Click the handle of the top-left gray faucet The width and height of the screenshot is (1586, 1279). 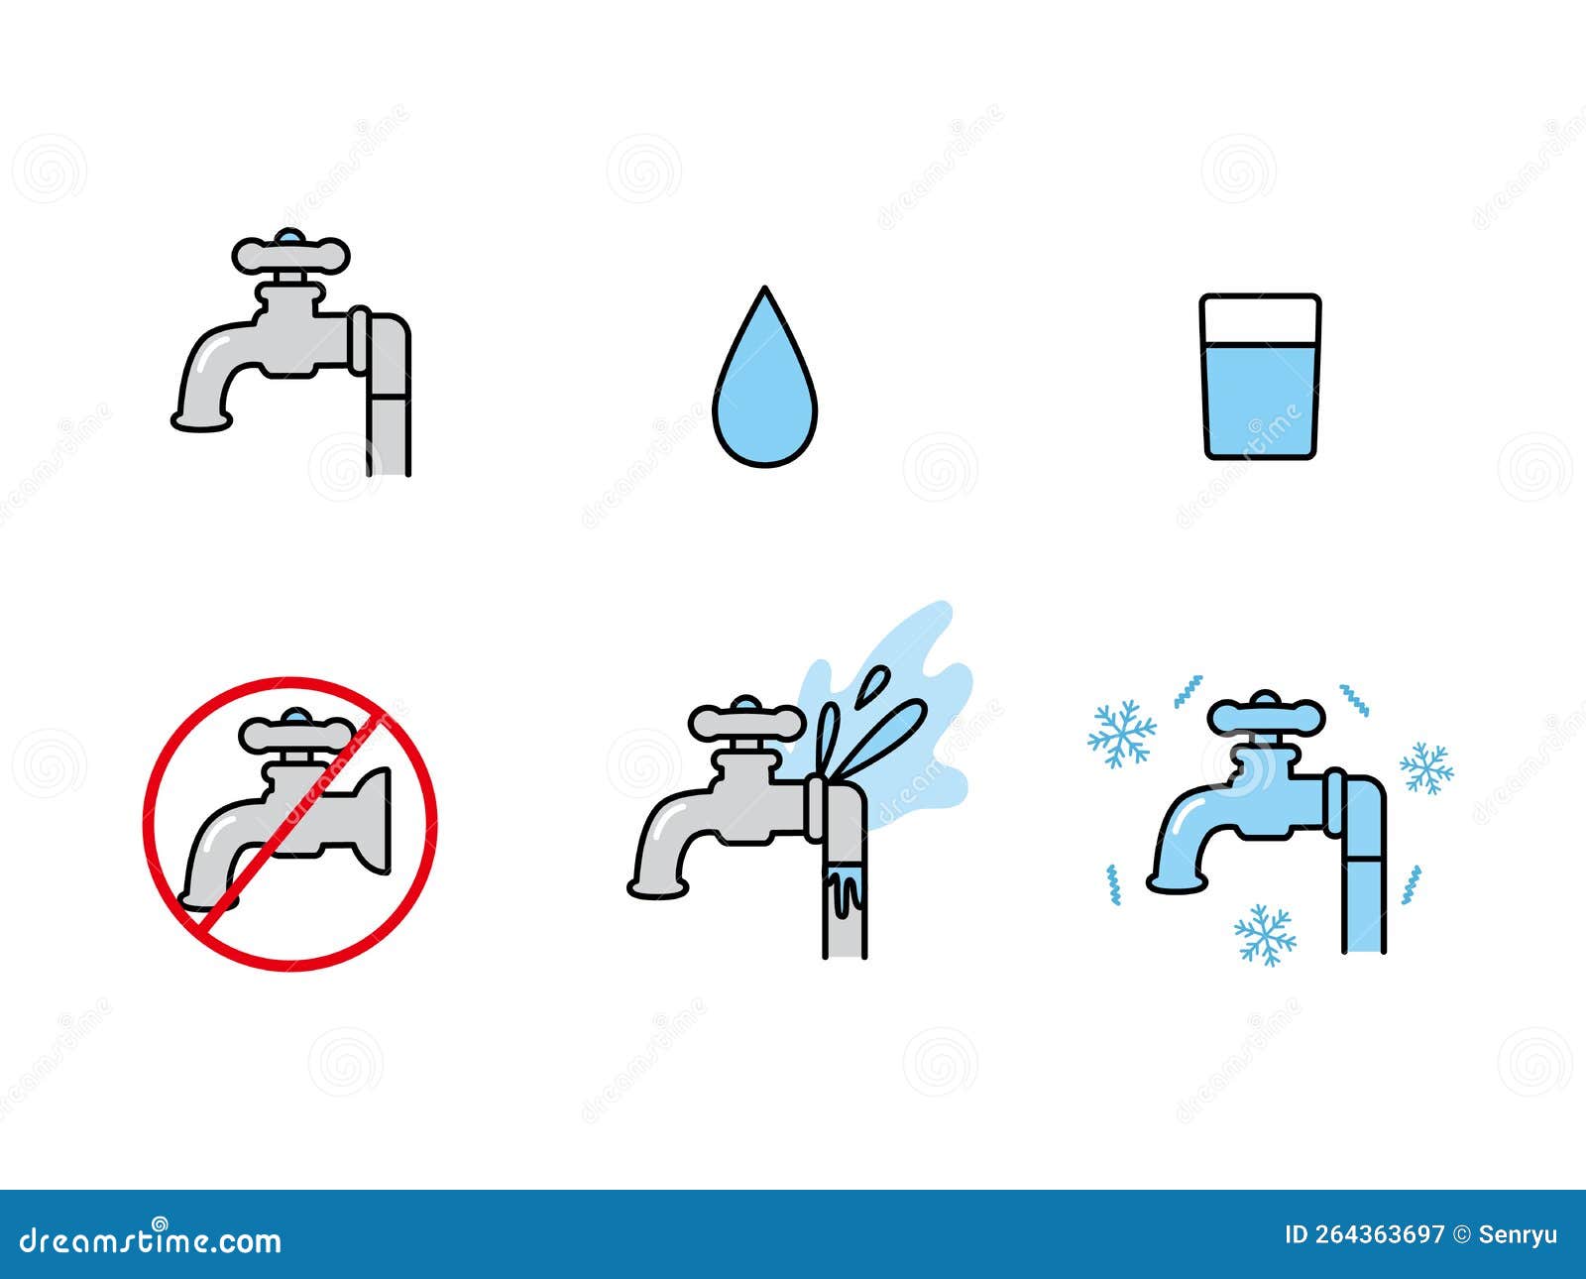click(x=290, y=255)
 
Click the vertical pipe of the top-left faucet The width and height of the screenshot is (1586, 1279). click(x=389, y=416)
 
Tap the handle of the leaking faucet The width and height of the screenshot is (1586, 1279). click(x=745, y=721)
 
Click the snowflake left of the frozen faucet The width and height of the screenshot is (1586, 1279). click(x=1121, y=734)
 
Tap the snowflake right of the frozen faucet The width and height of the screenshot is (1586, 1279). click(x=1426, y=767)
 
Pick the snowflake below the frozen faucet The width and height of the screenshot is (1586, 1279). click(x=1265, y=934)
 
